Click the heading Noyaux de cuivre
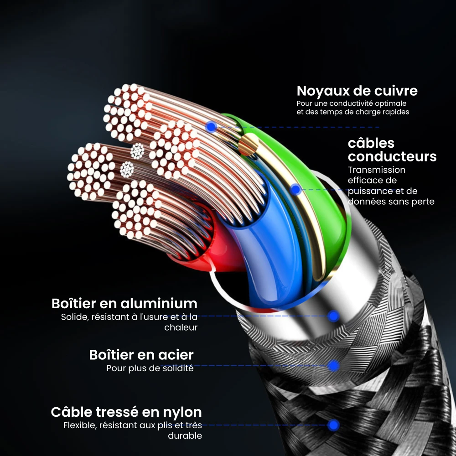(x=357, y=91)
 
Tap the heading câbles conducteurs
(x=392, y=150)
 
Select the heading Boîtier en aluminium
(x=124, y=303)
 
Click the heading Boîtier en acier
(x=141, y=355)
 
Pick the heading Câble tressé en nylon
(x=126, y=412)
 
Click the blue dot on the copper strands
(x=211, y=127)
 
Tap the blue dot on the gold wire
(x=295, y=189)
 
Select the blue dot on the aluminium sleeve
(x=334, y=316)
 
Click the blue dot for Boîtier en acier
(x=334, y=365)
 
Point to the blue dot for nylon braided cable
(x=334, y=425)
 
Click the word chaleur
(x=181, y=327)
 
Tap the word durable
(x=185, y=436)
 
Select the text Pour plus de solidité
(x=150, y=368)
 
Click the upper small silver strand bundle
(x=137, y=150)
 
